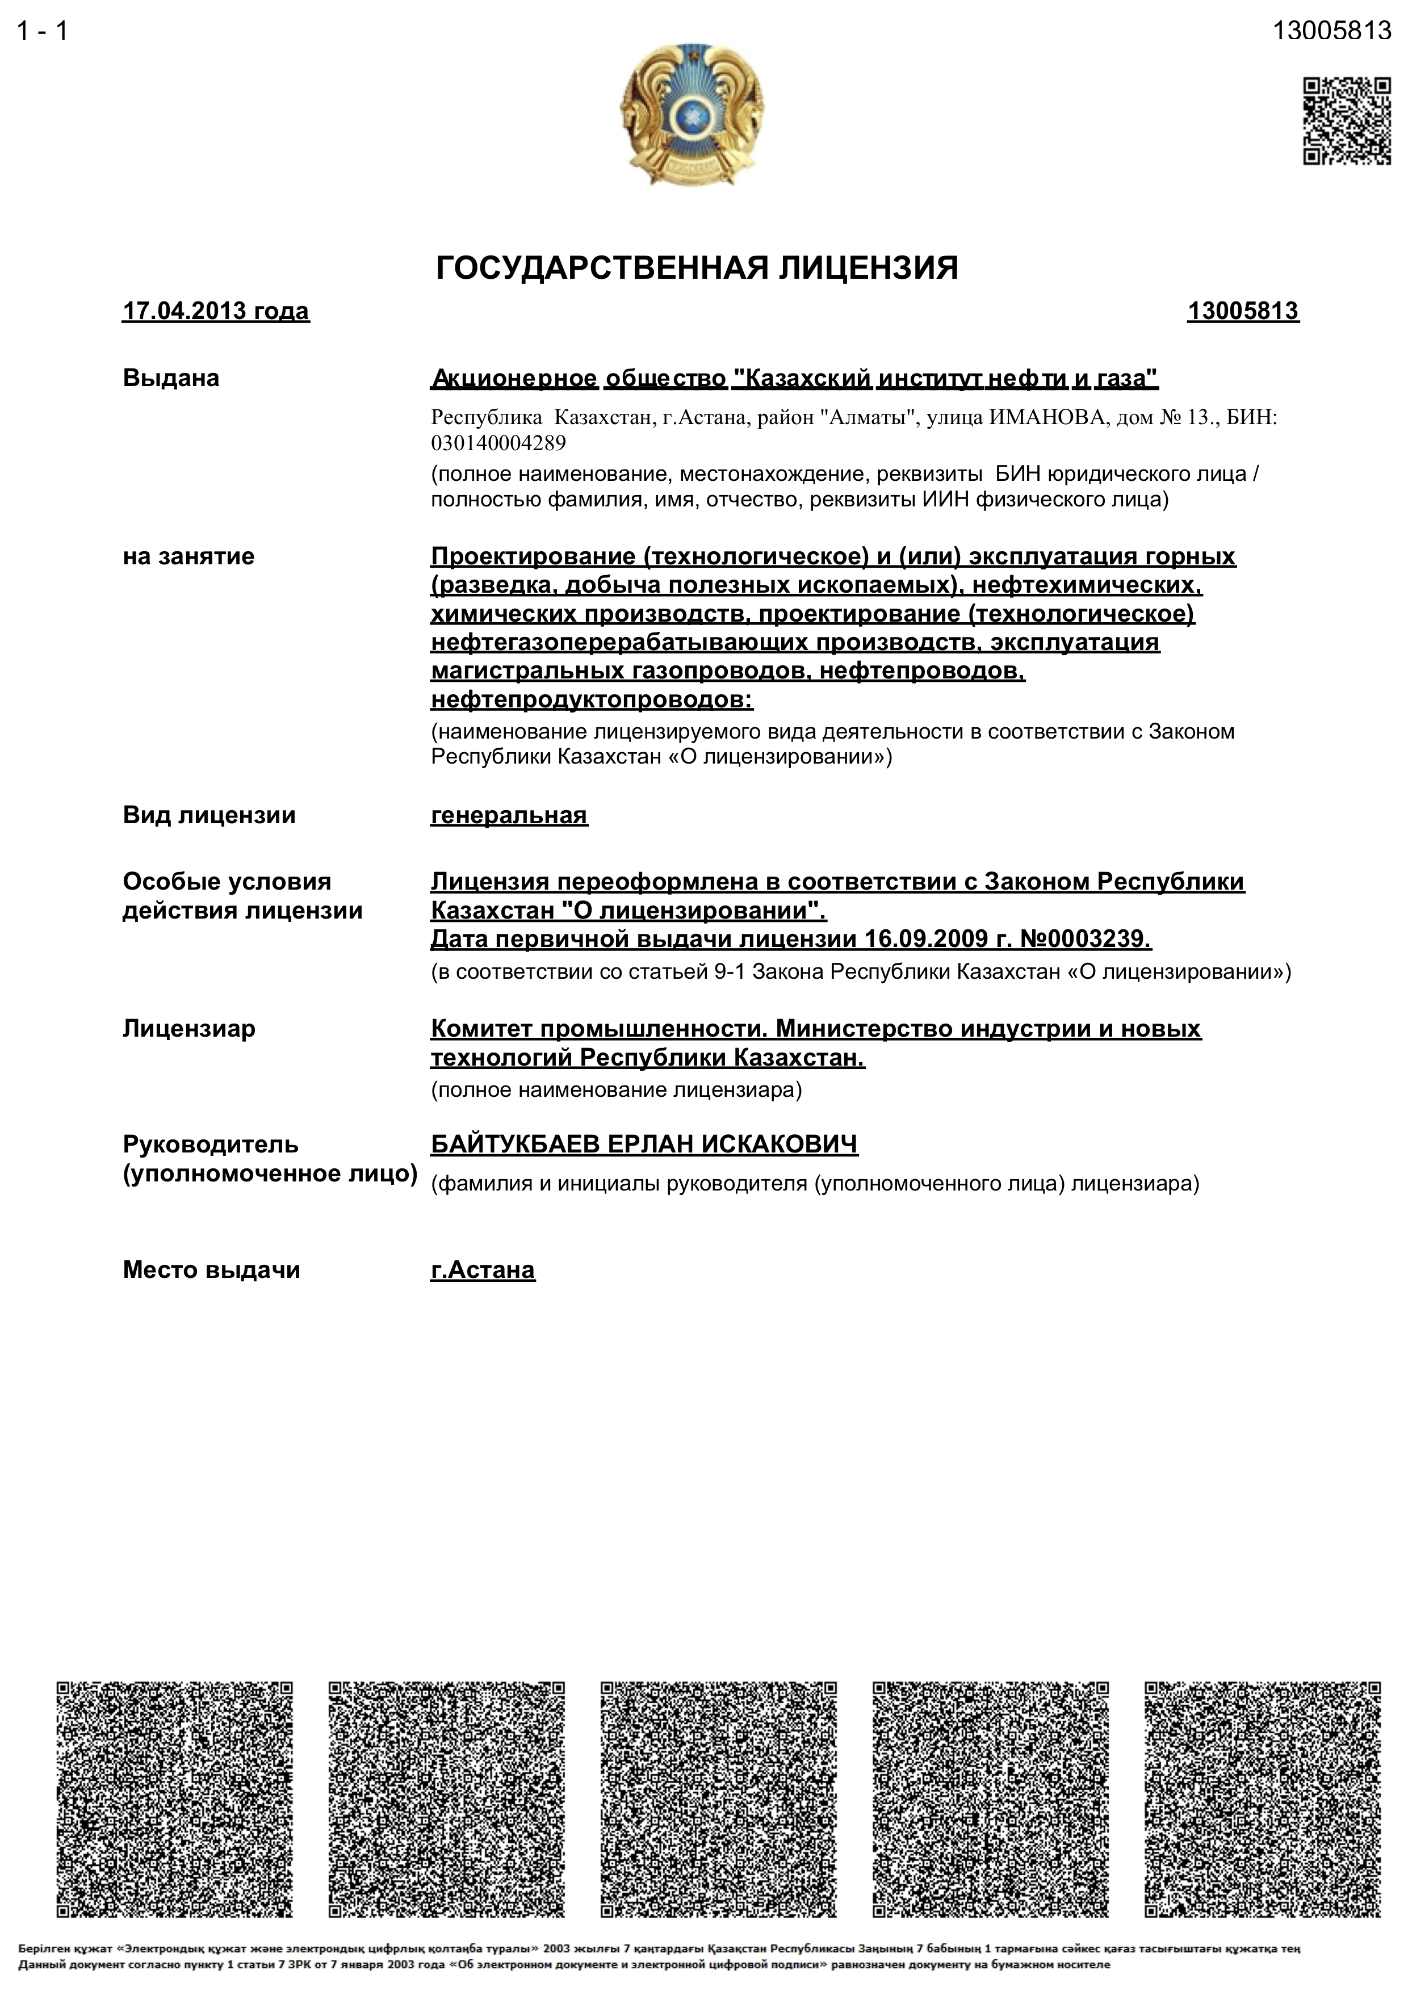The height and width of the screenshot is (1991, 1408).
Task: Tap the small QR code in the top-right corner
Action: click(x=1347, y=120)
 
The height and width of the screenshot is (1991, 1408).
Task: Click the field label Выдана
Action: click(x=171, y=378)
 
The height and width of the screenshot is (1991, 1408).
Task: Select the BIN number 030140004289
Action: click(x=498, y=443)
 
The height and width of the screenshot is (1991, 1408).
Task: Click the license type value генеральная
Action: click(x=509, y=815)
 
